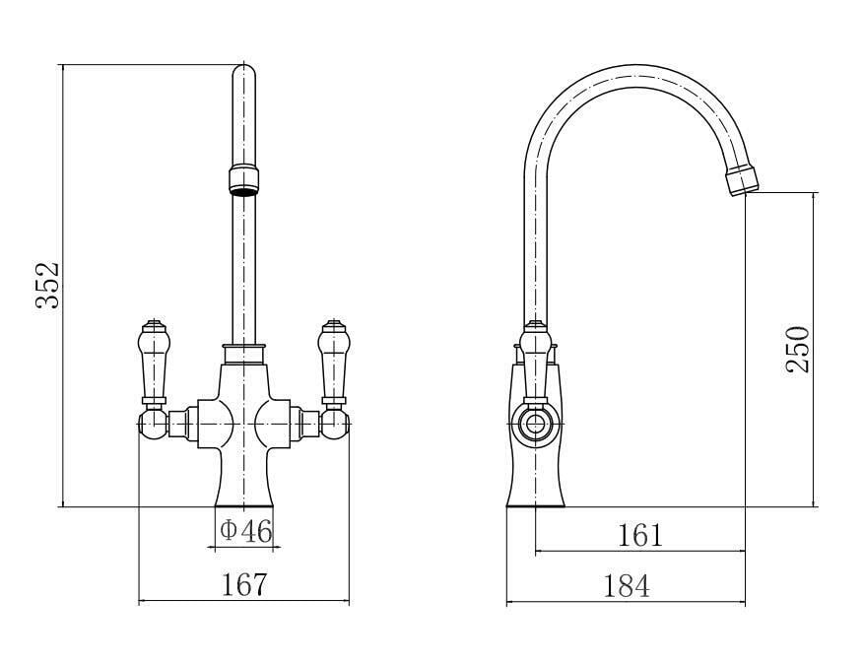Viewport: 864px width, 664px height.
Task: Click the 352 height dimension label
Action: point(49,285)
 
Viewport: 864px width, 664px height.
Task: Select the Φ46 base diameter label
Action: point(244,531)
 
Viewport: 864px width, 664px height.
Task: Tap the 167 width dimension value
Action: point(244,584)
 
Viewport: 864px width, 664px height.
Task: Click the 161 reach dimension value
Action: point(640,535)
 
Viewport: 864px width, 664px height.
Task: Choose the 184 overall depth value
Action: point(627,586)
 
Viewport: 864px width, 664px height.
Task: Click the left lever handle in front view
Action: point(153,360)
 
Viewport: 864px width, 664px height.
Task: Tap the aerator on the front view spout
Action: point(242,180)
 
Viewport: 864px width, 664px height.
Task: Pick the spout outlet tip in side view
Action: point(745,182)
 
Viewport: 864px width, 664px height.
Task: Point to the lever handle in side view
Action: point(534,360)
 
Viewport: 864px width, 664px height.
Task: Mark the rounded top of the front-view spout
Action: point(242,74)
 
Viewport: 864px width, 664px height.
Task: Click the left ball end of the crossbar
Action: point(151,424)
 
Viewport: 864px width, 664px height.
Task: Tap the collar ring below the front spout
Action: point(243,351)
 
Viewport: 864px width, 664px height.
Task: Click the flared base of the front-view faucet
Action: point(243,488)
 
